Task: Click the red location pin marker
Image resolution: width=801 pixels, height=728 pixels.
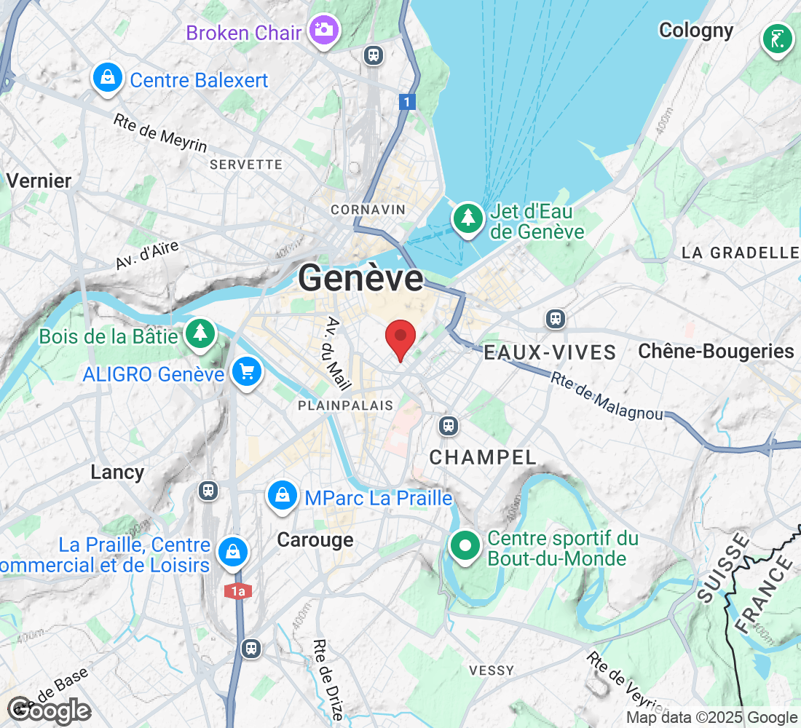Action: pyautogui.click(x=400, y=339)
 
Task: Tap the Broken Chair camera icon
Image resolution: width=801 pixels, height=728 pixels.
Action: pyautogui.click(x=321, y=30)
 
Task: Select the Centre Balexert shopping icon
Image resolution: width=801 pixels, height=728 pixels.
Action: pyautogui.click(x=107, y=76)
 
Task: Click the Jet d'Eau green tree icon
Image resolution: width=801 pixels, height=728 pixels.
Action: pyautogui.click(x=467, y=218)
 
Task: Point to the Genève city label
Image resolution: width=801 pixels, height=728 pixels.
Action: pyautogui.click(x=360, y=278)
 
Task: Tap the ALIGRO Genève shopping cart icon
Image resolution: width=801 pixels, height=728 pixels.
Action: pyautogui.click(x=246, y=372)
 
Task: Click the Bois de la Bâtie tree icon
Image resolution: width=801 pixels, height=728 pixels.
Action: pyautogui.click(x=199, y=333)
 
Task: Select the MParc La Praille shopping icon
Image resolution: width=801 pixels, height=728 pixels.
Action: pyautogui.click(x=281, y=496)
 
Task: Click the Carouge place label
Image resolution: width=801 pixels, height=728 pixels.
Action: pyautogui.click(x=315, y=539)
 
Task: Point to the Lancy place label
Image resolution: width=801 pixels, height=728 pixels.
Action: pyautogui.click(x=117, y=472)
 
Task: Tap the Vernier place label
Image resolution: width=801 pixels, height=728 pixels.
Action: pyautogui.click(x=39, y=181)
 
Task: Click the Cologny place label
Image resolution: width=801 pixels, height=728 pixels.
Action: pyautogui.click(x=695, y=30)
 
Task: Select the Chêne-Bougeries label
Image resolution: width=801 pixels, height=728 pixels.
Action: pyautogui.click(x=716, y=351)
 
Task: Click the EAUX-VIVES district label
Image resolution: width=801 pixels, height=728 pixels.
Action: pyautogui.click(x=550, y=353)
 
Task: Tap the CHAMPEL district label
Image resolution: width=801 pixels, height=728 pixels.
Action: pyautogui.click(x=482, y=457)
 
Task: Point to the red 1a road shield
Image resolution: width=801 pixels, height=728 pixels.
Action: pyautogui.click(x=238, y=591)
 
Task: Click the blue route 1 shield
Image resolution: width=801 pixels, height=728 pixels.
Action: pyautogui.click(x=408, y=102)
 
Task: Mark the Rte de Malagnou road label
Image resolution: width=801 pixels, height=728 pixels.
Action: pyautogui.click(x=607, y=396)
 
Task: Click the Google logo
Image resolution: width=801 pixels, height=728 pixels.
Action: pyautogui.click(x=49, y=710)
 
